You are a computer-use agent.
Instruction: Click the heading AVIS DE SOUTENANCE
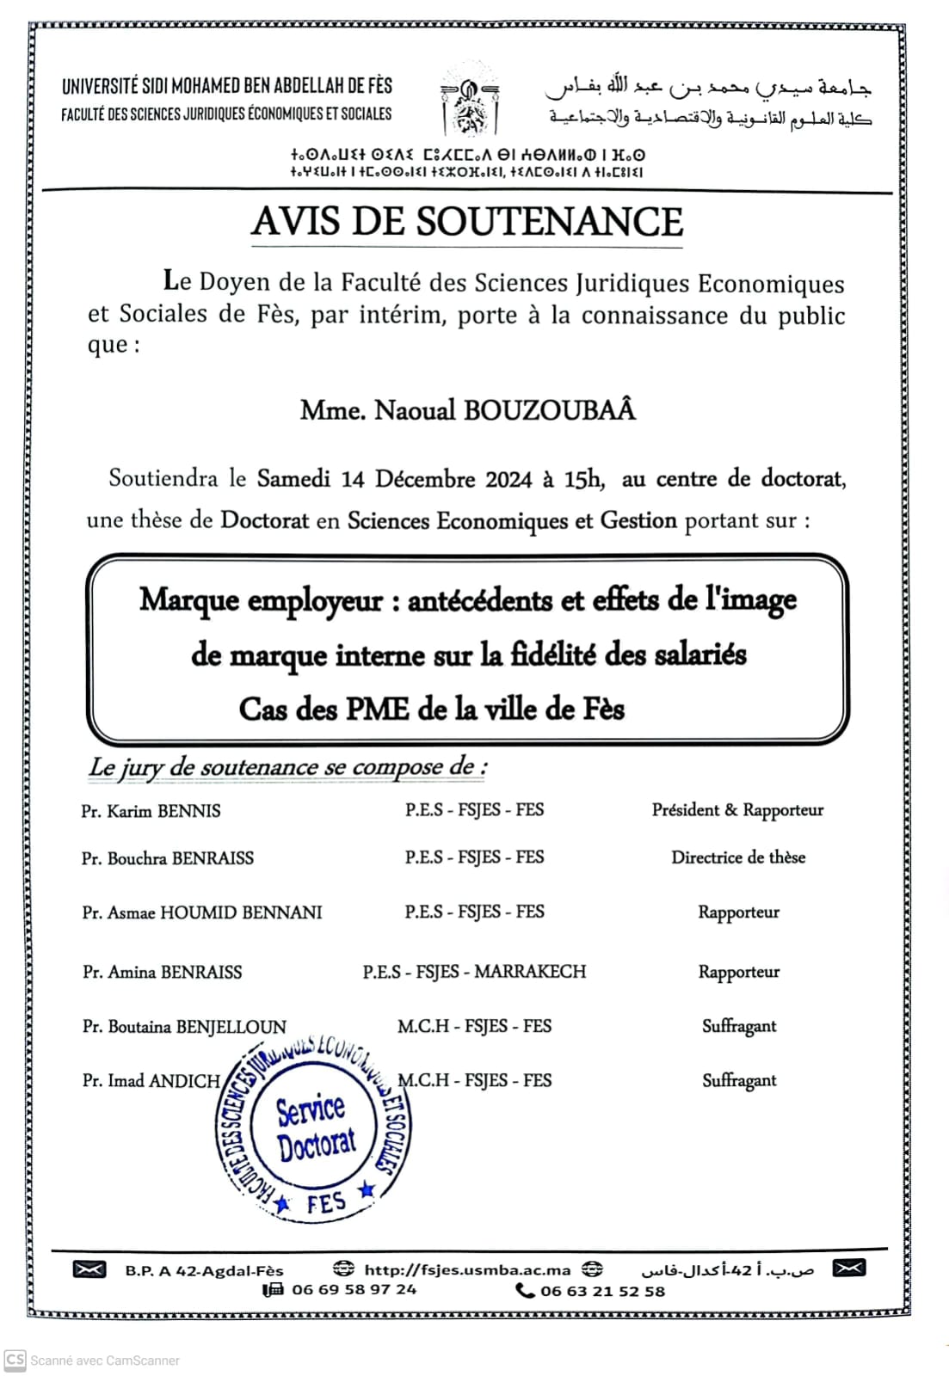tap(467, 222)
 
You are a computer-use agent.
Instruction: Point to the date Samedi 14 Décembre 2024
tap(395, 479)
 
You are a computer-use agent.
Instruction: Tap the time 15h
tap(583, 479)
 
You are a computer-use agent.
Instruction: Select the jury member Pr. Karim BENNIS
tap(151, 811)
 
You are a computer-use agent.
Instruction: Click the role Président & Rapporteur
tap(737, 810)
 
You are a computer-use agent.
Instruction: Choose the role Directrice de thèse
tap(738, 857)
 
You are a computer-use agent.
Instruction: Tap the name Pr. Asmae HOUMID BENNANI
tap(202, 912)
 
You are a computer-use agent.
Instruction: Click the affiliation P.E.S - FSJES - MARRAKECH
tap(474, 972)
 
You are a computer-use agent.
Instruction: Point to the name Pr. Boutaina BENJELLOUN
tap(184, 1027)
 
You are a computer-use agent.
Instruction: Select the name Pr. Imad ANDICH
tap(151, 1081)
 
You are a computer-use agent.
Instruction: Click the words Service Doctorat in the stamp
tap(314, 1127)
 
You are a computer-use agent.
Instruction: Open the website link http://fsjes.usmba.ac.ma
tap(467, 1269)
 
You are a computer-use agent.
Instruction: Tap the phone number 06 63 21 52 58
tap(602, 1291)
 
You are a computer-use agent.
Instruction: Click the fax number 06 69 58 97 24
tap(354, 1289)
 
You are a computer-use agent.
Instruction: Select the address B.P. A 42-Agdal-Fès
tap(204, 1270)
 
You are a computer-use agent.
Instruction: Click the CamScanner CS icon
tap(15, 1360)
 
